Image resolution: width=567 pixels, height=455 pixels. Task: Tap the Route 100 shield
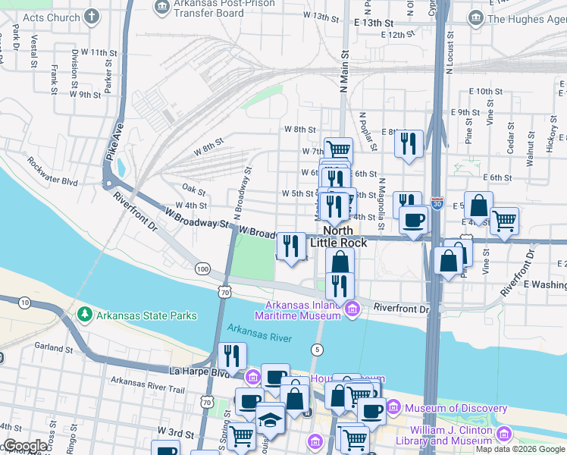point(202,269)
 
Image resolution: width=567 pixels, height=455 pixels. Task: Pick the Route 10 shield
point(25,303)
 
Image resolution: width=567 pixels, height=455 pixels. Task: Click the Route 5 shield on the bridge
point(316,350)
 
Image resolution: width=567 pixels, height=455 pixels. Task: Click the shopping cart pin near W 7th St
point(338,149)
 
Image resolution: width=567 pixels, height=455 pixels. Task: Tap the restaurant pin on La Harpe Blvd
point(233,355)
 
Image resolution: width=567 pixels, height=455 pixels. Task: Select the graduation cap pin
point(270,419)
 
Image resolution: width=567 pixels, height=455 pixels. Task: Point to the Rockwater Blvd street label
point(53,171)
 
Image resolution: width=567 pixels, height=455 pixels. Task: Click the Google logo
point(25,446)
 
